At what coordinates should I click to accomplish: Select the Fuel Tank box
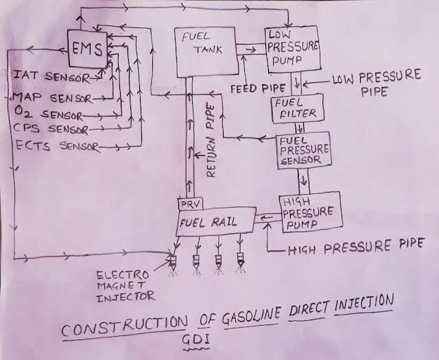[203, 52]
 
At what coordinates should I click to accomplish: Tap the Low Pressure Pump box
[292, 51]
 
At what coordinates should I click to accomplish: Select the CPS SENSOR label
[49, 127]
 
